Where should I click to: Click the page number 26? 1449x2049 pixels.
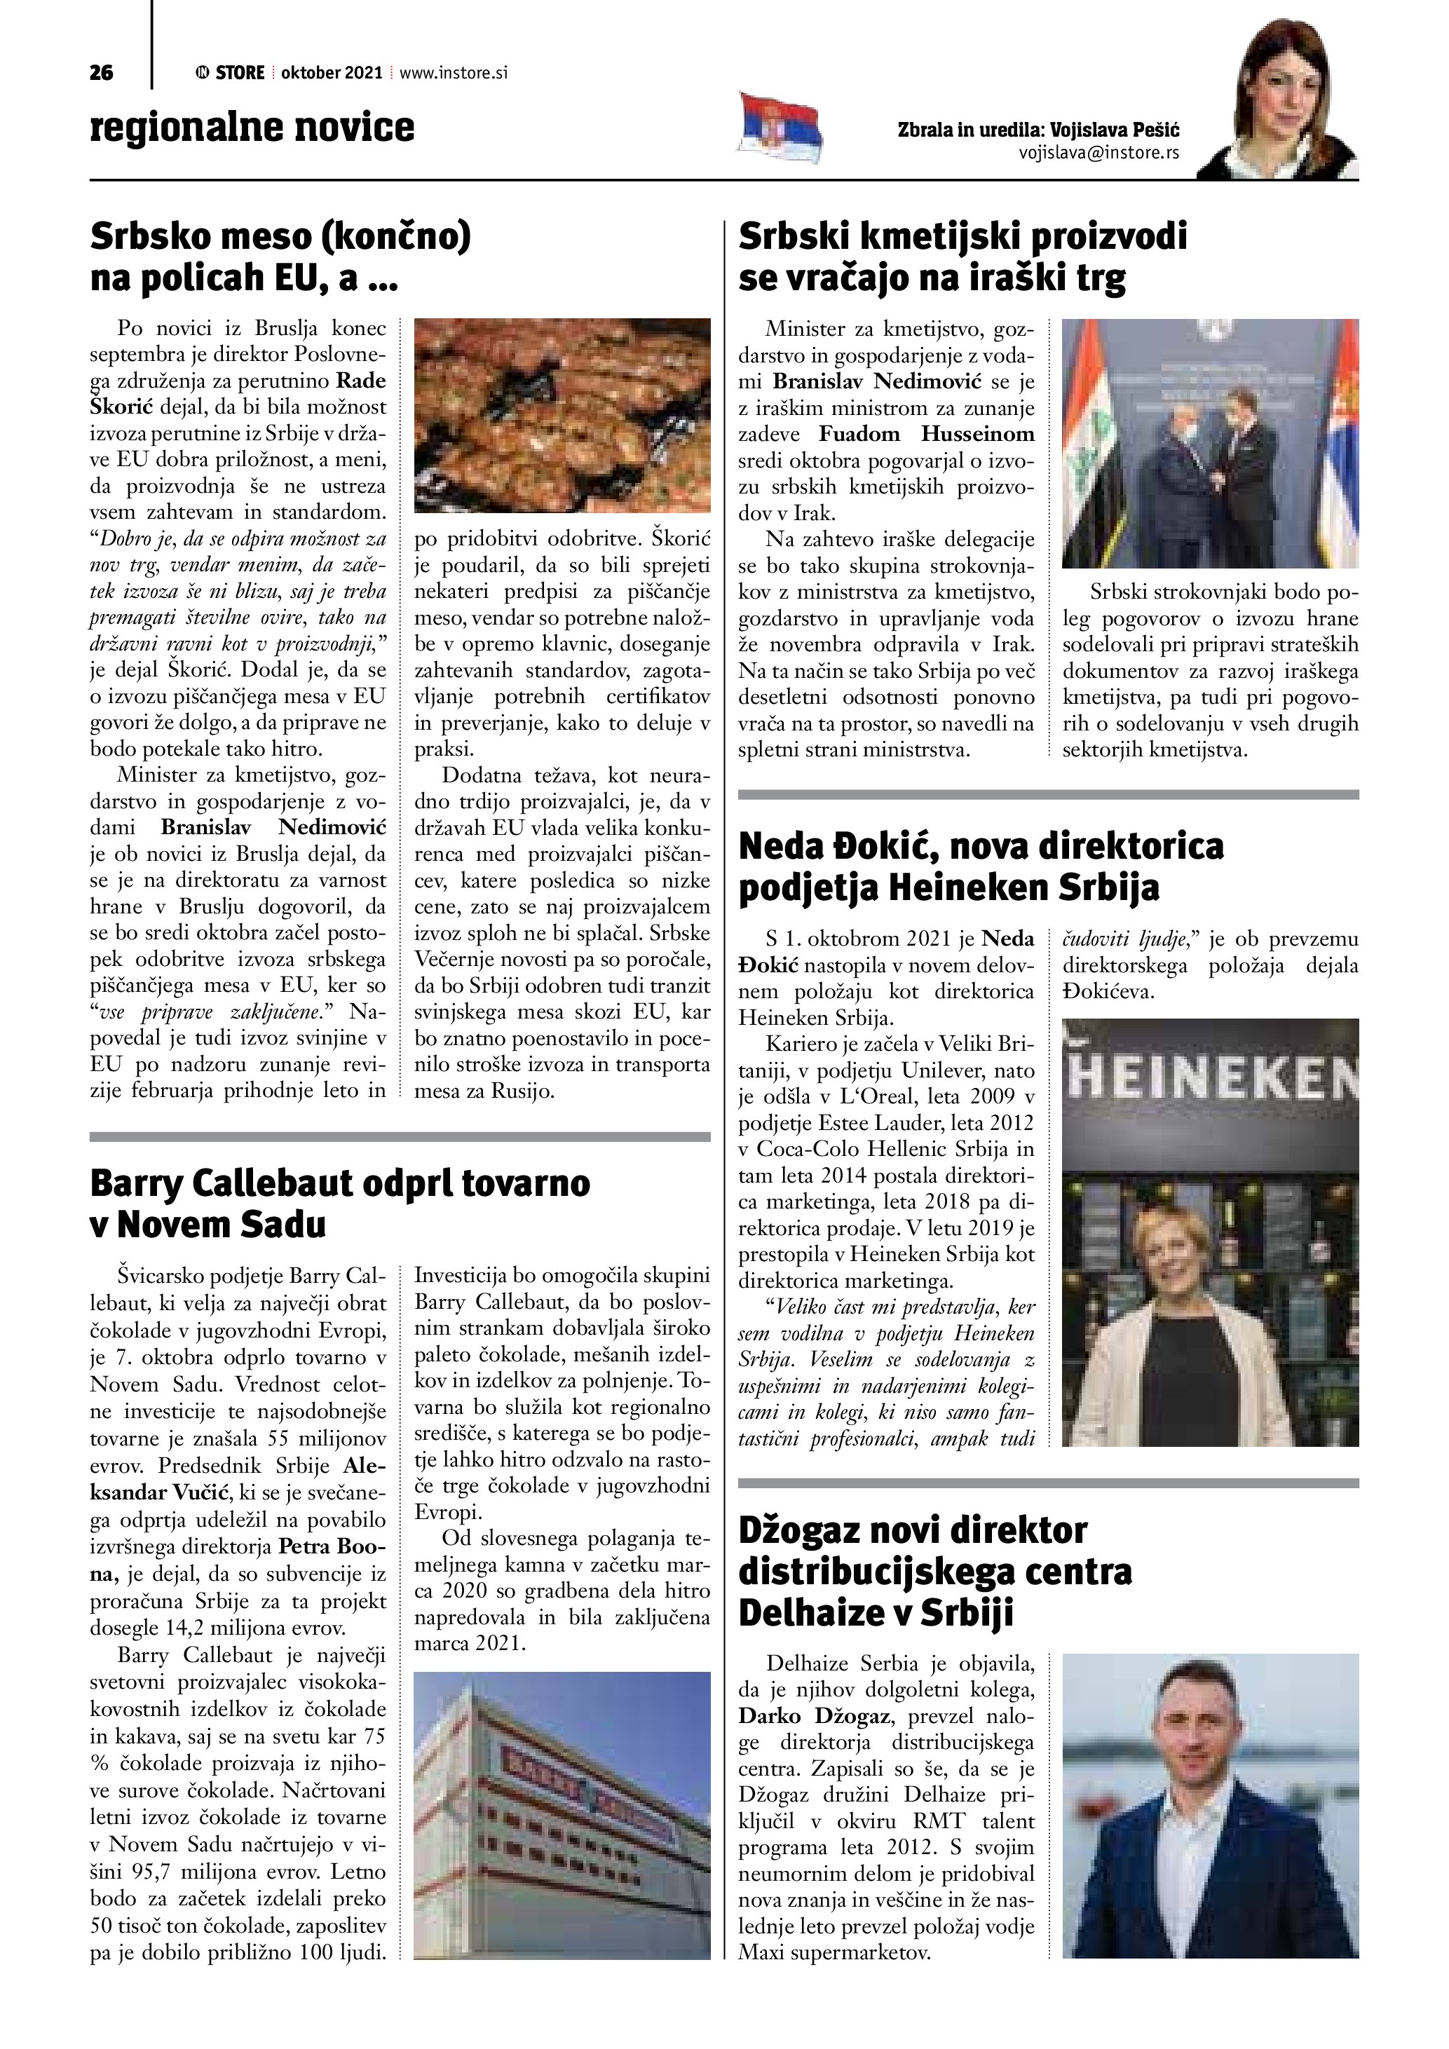(102, 73)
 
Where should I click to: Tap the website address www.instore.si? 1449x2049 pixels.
(454, 73)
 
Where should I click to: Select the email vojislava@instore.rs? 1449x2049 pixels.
(1098, 153)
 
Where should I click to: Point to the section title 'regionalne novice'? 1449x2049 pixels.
(252, 127)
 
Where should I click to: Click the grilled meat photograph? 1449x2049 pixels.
(562, 415)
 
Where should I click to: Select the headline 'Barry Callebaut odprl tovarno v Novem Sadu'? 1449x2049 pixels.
(340, 1203)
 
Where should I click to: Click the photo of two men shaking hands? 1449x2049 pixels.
(1209, 444)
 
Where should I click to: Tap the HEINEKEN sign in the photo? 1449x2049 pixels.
(1211, 1082)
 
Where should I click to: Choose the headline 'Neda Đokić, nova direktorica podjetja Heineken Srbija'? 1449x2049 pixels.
(981, 866)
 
